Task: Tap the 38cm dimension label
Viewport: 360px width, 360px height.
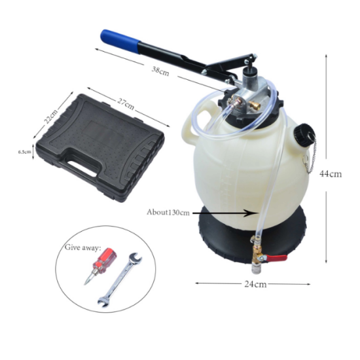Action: (160, 71)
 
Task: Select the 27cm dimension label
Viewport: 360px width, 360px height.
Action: (126, 103)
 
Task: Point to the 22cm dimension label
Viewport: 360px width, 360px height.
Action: (51, 116)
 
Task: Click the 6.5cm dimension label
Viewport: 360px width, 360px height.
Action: (25, 152)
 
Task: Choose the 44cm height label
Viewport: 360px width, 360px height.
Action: (331, 174)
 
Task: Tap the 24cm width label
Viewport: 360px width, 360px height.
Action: (255, 284)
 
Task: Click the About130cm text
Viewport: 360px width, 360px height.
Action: (168, 212)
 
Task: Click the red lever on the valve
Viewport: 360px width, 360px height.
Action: (276, 258)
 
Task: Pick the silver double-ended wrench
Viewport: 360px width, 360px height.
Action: (119, 280)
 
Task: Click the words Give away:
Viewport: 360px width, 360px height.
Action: (82, 247)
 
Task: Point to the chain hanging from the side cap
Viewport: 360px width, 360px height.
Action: (310, 156)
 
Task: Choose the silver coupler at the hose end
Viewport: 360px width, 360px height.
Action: (255, 269)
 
